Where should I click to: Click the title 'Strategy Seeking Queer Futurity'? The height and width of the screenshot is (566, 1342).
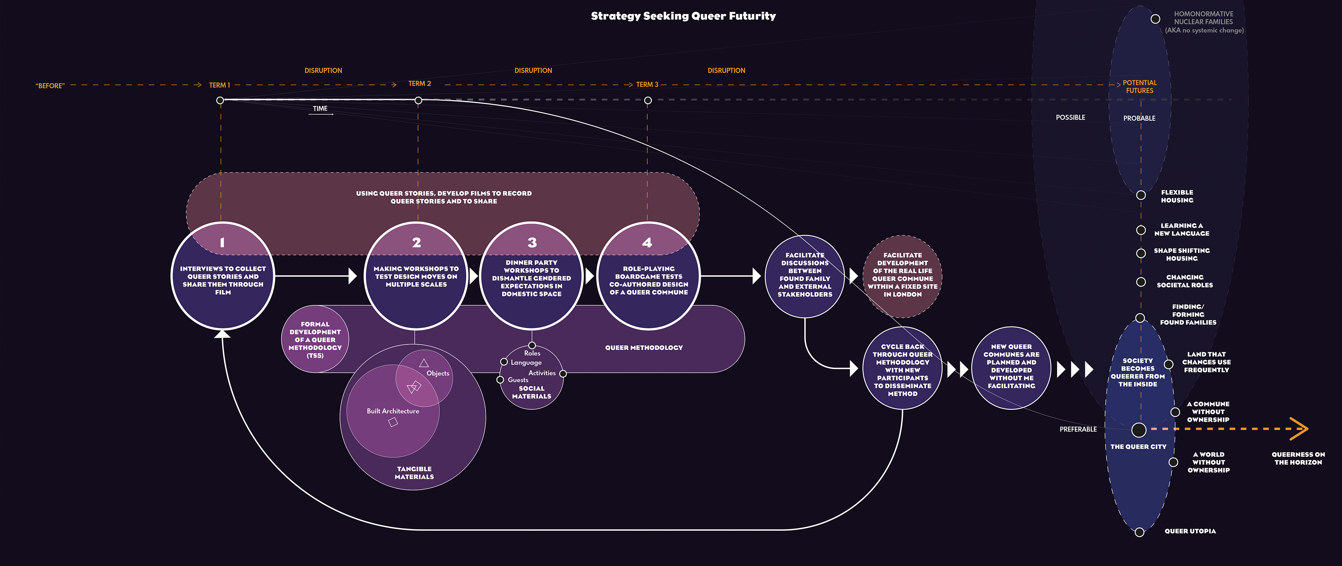point(683,16)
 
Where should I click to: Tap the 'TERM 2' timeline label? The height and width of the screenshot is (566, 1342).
point(420,84)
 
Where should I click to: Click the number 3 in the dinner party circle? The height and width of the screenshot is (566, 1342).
point(532,243)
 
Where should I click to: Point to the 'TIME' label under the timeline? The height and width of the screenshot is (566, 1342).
point(320,109)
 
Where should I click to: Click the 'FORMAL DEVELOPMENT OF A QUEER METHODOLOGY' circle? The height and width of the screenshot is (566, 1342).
point(315,339)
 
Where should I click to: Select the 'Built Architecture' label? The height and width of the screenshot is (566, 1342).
point(393,411)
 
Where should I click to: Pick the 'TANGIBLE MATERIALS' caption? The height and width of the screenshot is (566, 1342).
point(414,473)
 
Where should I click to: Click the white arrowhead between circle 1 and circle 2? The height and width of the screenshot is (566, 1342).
point(353,276)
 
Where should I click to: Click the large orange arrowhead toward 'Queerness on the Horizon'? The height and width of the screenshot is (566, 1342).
point(1299,429)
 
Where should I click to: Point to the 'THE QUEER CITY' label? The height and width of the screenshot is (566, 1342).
point(1138,447)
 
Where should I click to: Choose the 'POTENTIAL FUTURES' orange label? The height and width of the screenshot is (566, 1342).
point(1139,86)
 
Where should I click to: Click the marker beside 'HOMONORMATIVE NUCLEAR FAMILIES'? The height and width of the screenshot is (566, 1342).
point(1155,19)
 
